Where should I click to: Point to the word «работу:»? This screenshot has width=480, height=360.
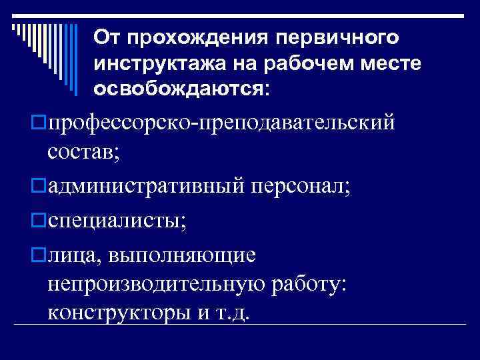[307, 283]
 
